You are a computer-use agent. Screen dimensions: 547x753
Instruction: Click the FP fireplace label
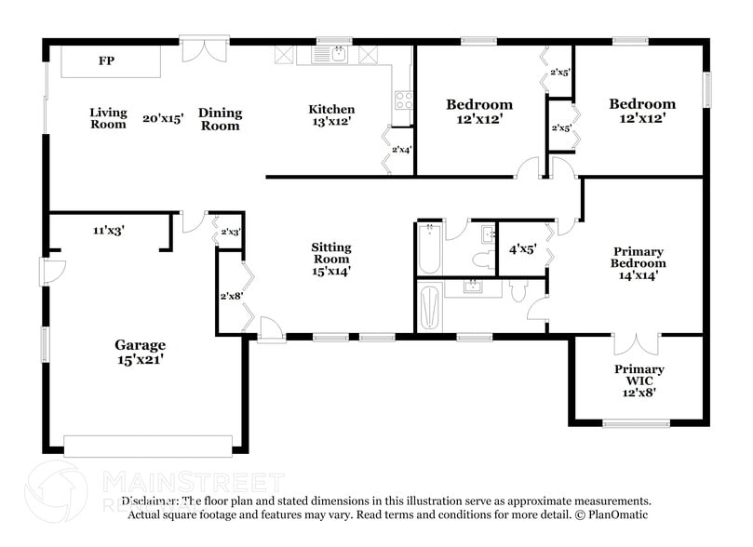(107, 61)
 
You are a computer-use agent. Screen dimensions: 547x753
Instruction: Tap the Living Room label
(108, 118)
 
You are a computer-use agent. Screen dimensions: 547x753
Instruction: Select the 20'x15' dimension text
(163, 118)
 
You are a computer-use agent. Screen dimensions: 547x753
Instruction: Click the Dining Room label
(221, 119)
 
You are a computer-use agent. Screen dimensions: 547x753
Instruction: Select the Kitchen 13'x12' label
(331, 114)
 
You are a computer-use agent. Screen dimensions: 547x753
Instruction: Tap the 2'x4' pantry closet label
(402, 149)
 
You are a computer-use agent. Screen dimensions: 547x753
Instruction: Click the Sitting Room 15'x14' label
(331, 259)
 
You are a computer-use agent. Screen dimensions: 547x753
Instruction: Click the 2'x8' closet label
(230, 296)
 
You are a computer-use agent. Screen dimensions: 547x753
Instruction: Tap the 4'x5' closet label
(522, 249)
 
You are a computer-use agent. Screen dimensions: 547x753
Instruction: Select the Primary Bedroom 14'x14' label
(639, 263)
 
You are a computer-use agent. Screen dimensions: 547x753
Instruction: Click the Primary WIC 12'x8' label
(639, 380)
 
